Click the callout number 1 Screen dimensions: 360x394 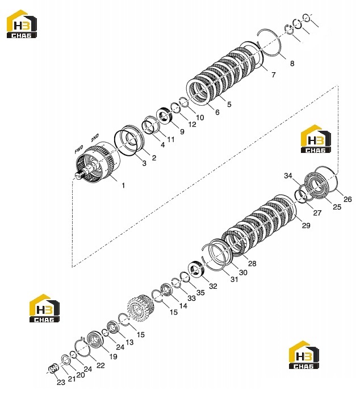(x=123, y=185)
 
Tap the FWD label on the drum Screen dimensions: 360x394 (x=79, y=150)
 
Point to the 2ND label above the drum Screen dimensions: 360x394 (x=95, y=138)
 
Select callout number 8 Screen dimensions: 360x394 (x=292, y=64)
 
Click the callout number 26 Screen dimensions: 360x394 (x=348, y=199)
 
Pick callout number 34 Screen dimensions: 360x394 (x=288, y=176)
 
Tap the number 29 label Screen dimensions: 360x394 (x=306, y=225)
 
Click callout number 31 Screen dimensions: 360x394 (x=234, y=279)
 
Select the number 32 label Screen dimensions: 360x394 (x=213, y=286)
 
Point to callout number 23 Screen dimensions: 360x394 (x=61, y=383)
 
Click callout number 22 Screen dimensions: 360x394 (x=101, y=366)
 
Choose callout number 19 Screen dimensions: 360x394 (x=113, y=356)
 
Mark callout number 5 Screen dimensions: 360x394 (x=229, y=104)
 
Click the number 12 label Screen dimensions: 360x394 (x=192, y=125)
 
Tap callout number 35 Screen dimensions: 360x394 (x=200, y=292)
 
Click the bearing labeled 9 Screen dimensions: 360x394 (x=164, y=115)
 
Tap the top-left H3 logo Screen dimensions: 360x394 (x=22, y=24)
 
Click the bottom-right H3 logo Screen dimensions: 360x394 (x=304, y=355)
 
